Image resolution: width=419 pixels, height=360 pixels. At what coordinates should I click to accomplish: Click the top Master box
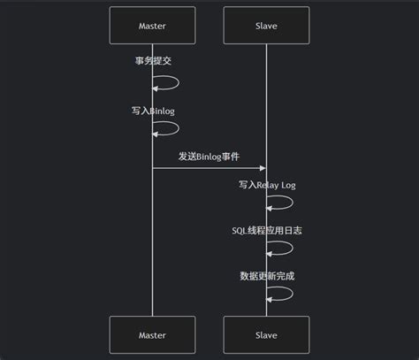[x=152, y=27]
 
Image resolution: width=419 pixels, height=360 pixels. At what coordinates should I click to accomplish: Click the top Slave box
[x=266, y=27]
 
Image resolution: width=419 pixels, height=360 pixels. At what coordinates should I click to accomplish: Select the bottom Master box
[x=152, y=335]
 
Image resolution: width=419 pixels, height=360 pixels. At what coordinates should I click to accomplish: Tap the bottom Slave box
[x=266, y=335]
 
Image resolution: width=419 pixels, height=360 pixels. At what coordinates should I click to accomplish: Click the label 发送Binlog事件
[x=209, y=156]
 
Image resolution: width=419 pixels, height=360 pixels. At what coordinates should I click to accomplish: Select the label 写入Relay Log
[x=266, y=185]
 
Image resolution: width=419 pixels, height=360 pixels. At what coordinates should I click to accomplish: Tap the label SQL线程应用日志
[x=266, y=231]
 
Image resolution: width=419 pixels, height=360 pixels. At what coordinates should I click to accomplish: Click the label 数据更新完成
[x=266, y=276]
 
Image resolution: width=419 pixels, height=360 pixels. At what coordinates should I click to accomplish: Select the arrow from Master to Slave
[x=209, y=168]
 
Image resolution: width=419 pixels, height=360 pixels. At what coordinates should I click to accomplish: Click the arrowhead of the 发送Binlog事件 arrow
[x=262, y=168]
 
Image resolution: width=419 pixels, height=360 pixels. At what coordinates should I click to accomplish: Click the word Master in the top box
[x=152, y=27]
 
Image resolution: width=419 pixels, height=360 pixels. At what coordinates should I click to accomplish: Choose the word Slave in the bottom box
[x=266, y=335]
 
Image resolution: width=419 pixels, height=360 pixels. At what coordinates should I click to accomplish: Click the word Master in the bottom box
[x=152, y=335]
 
